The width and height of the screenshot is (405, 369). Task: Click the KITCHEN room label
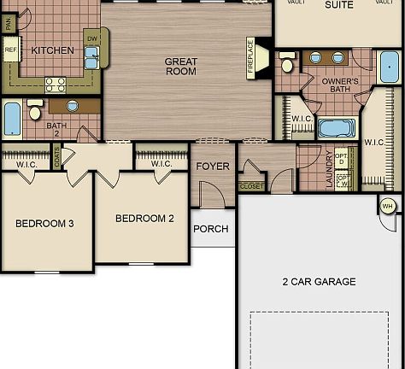tap(52, 50)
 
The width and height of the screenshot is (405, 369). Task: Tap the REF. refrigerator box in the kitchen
tap(11, 50)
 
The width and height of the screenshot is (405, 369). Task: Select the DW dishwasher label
tap(91, 38)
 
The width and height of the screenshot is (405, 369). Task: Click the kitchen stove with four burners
tap(56, 84)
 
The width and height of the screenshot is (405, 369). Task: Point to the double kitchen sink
tap(91, 56)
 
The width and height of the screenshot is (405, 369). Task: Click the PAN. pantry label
tap(10, 23)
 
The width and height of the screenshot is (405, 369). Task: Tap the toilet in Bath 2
tap(35, 111)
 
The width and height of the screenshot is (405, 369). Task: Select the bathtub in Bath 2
tap(12, 119)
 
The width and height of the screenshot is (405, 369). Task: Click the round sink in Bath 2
tap(72, 106)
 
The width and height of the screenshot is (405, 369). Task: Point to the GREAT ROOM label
tap(181, 66)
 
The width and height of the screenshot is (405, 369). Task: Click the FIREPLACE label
tap(251, 58)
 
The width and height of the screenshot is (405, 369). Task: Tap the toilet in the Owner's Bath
tap(288, 64)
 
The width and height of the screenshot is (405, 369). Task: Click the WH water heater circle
tap(387, 206)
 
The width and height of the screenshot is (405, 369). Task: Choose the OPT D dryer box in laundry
tap(342, 158)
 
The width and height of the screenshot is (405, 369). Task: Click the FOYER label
tap(213, 166)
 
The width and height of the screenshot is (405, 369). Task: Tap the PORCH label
tap(210, 229)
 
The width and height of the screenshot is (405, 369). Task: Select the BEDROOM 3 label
tap(44, 224)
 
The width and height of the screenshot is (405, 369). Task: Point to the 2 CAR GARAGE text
tap(319, 281)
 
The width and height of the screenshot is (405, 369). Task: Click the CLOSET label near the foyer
tap(252, 185)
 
